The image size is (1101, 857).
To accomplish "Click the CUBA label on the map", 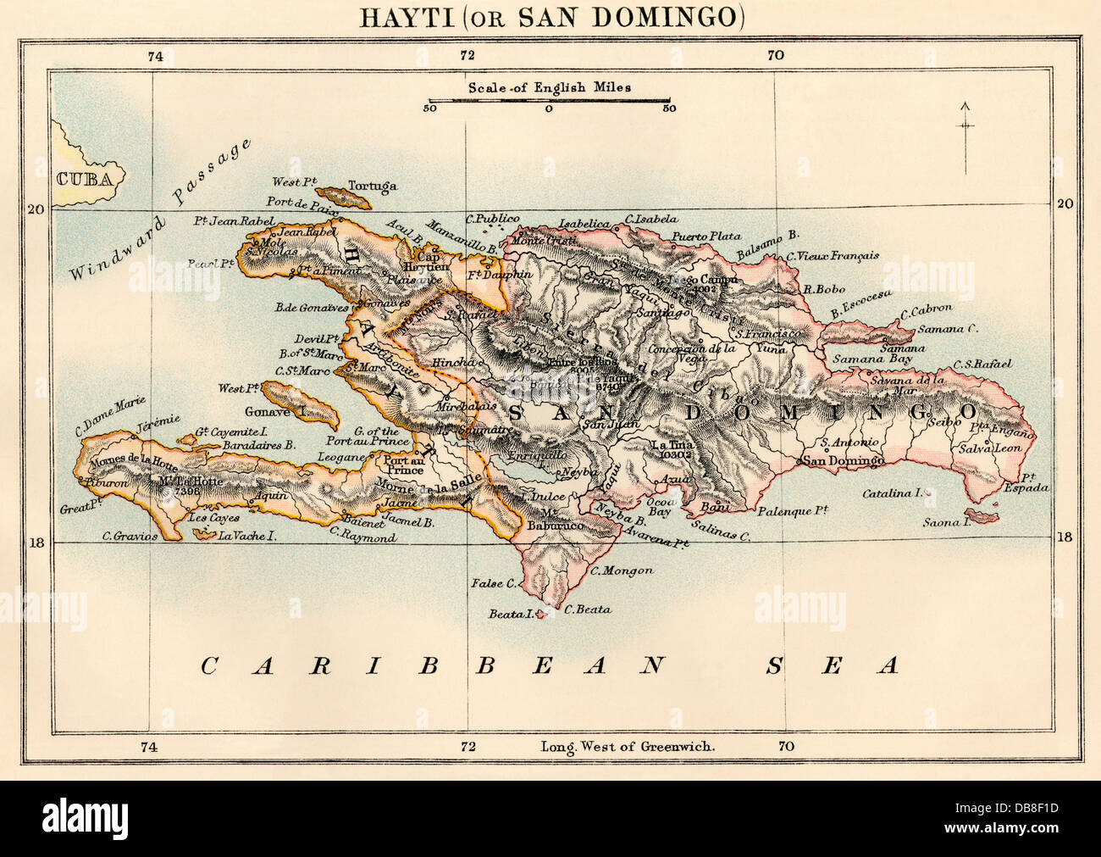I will pyautogui.click(x=85, y=178).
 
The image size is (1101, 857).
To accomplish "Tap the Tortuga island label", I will pyautogui.click(x=373, y=186).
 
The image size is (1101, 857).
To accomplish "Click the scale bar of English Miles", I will pyautogui.click(x=549, y=101).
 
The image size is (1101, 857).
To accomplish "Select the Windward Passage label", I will pyautogui.click(x=161, y=212).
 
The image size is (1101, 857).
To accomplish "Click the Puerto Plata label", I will pyautogui.click(x=706, y=237).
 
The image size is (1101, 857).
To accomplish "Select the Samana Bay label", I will pyautogui.click(x=866, y=359).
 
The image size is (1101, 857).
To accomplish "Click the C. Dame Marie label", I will pyautogui.click(x=111, y=415).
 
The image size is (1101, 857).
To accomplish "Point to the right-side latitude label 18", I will pyautogui.click(x=1065, y=537).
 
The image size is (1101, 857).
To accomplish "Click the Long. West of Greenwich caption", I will pyautogui.click(x=628, y=747).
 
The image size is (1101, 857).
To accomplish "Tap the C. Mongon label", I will pyautogui.click(x=622, y=570).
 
